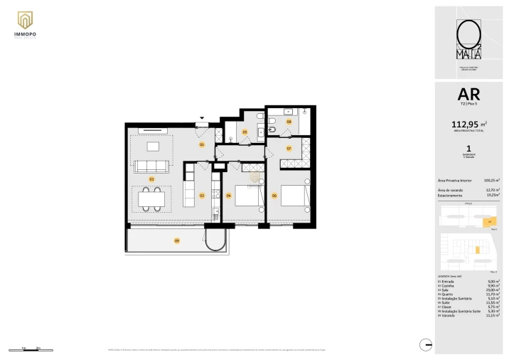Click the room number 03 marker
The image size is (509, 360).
click(151, 179)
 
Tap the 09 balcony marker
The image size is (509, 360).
click(176, 241)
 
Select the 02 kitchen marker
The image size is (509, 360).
click(202, 195)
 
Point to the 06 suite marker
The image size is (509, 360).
click(274, 195)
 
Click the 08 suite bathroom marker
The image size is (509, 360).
click(289, 122)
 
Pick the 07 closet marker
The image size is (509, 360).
click(289, 148)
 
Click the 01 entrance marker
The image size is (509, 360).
click(202, 144)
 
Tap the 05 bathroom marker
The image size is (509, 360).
click(245, 132)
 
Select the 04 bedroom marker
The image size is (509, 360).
click(229, 195)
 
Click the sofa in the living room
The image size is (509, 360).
click(151, 166)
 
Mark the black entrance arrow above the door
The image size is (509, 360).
click(202, 118)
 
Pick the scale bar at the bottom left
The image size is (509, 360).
click(29, 349)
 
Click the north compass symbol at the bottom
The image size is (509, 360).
click(426, 344)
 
